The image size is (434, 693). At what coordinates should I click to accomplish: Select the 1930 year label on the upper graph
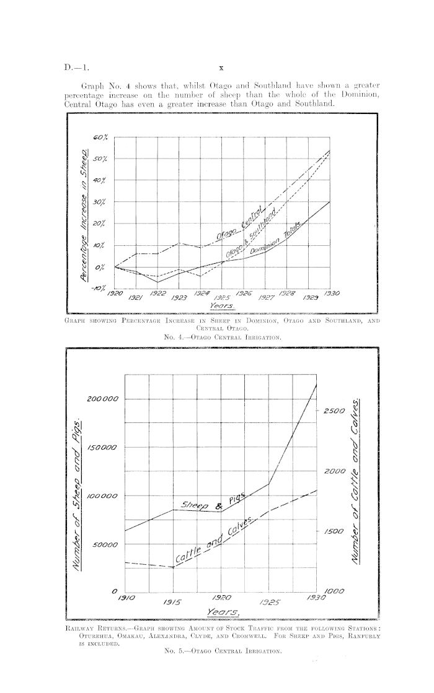328,293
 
